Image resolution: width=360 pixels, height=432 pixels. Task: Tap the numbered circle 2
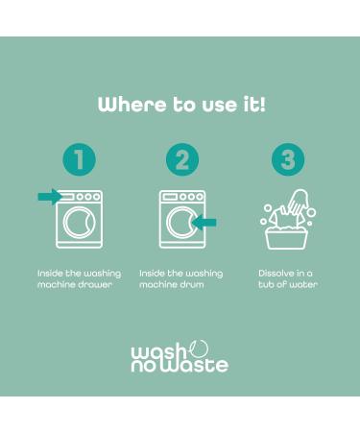[180, 160]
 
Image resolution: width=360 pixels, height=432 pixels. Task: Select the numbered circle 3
[287, 160]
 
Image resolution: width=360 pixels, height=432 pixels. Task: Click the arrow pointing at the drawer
[48, 197]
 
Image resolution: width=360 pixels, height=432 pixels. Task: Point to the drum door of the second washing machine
[178, 223]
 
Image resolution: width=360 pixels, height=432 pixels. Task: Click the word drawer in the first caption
[99, 285]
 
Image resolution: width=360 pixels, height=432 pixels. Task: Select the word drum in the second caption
[191, 285]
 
